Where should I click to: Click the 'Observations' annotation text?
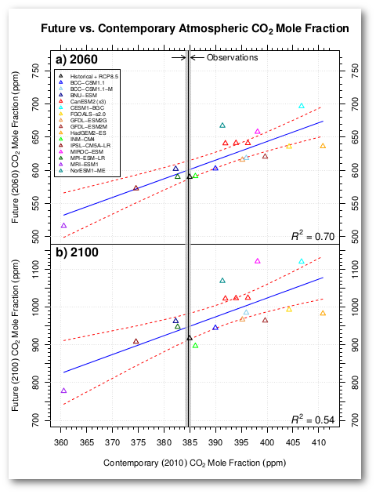[232, 58]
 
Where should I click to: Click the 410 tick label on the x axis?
[319, 441]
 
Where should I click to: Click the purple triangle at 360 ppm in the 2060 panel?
[63, 226]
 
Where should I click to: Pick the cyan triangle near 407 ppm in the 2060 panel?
[302, 106]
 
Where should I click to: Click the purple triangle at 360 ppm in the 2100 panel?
[63, 390]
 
